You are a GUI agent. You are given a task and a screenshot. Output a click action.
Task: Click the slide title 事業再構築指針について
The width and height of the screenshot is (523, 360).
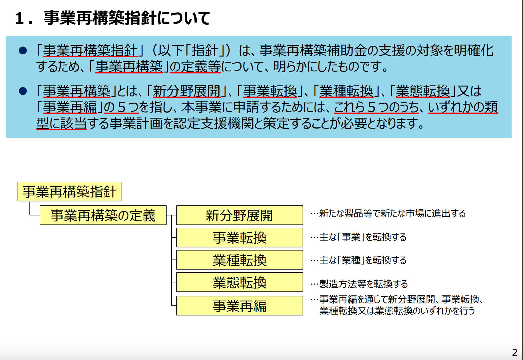click(x=127, y=18)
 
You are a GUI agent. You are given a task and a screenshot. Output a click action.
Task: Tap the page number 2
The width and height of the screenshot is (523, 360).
click(x=514, y=352)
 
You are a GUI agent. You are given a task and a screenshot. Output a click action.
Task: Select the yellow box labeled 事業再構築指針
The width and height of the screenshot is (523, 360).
click(x=69, y=191)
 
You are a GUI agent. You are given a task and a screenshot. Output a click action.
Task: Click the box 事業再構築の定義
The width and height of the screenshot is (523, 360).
click(x=103, y=215)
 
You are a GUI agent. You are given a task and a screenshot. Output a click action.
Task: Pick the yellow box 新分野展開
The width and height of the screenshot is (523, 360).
click(x=240, y=215)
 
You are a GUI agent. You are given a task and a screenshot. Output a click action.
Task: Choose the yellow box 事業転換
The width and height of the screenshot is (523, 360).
click(x=240, y=237)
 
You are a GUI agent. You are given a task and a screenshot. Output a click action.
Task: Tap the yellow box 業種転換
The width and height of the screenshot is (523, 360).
click(x=240, y=260)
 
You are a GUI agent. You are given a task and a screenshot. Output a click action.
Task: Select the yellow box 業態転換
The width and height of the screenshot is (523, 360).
click(x=240, y=282)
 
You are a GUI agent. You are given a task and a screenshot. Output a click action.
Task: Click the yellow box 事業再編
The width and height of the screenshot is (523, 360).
click(x=240, y=305)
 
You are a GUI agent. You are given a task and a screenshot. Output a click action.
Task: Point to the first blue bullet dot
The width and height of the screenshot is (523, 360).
click(x=23, y=51)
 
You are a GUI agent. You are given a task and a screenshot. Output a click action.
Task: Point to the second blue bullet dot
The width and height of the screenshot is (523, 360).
click(x=23, y=91)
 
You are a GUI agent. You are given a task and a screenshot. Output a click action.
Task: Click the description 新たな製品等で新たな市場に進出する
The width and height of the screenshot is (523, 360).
click(x=393, y=213)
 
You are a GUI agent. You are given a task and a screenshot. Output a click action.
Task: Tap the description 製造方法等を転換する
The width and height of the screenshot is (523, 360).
click(x=363, y=284)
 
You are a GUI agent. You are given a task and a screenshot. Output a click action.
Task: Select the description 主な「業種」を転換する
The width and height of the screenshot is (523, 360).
click(x=363, y=260)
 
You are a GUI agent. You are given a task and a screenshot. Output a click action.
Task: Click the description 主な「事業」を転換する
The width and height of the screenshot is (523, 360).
click(x=363, y=237)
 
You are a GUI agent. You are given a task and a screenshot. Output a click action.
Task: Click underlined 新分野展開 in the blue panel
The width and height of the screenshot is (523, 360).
click(x=187, y=91)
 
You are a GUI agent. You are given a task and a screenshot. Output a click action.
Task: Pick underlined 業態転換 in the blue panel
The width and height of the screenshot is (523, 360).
click(x=423, y=91)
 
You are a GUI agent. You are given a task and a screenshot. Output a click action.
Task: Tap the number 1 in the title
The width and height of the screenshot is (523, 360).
click(x=19, y=19)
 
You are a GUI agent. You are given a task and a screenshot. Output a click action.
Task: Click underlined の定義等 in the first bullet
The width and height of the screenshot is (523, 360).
click(x=195, y=67)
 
